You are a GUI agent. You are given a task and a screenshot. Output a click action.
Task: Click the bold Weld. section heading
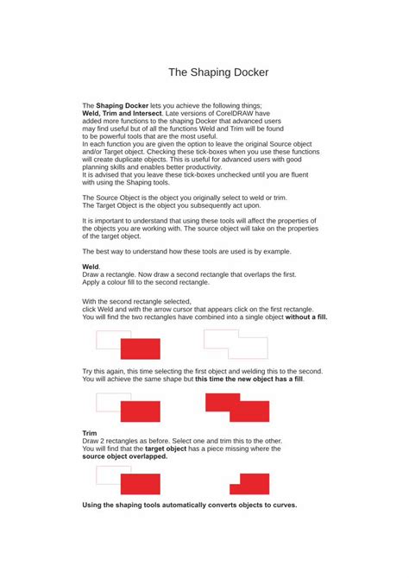click(91, 267)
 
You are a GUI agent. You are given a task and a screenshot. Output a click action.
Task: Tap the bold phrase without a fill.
click(306, 317)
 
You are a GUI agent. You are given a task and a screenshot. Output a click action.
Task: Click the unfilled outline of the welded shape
click(236, 343)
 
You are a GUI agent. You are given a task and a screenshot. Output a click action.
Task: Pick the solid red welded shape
click(237, 405)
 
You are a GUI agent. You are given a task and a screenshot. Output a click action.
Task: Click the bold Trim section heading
click(90, 433)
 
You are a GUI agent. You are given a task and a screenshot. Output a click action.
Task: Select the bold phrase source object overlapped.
click(125, 456)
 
